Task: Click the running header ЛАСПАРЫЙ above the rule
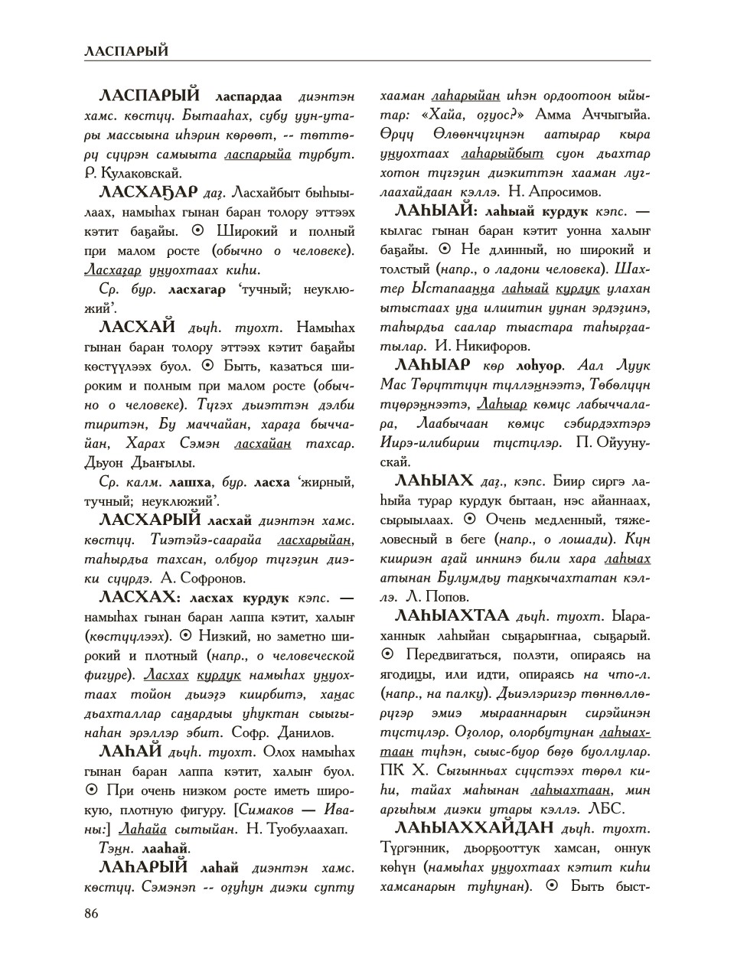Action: point(126,51)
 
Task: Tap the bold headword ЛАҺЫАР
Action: point(430,364)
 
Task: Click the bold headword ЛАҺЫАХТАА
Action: point(452,615)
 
